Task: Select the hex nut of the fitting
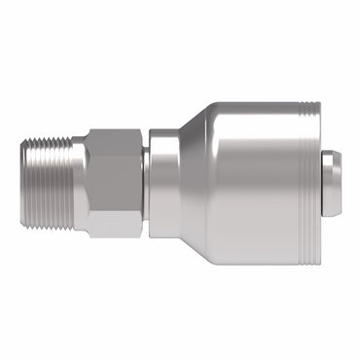click(x=110, y=182)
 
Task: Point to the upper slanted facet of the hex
click(x=109, y=140)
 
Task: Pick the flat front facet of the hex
click(x=109, y=182)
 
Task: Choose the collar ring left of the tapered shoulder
click(x=162, y=182)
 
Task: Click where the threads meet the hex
click(x=76, y=182)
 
